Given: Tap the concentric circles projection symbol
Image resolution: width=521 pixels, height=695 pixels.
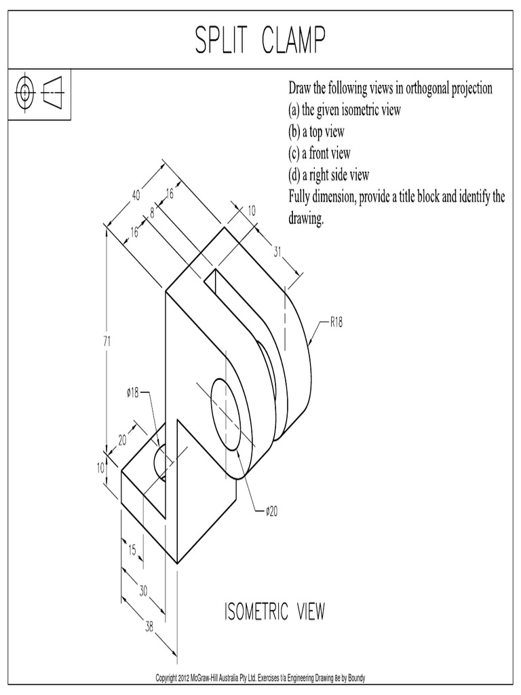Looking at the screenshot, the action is pos(25,93).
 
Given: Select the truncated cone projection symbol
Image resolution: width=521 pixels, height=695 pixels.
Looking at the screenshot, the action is pos(53,93).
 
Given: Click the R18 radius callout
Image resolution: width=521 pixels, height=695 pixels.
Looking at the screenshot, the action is pos(336,322).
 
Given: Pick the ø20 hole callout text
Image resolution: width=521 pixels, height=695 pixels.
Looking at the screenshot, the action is pos(271,512).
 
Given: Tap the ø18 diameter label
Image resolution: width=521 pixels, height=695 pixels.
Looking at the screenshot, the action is pos(132,392).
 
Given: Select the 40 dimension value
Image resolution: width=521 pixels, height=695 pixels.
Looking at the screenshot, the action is pos(136,195).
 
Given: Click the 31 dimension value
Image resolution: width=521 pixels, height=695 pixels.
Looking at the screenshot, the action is pos(277,252).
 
